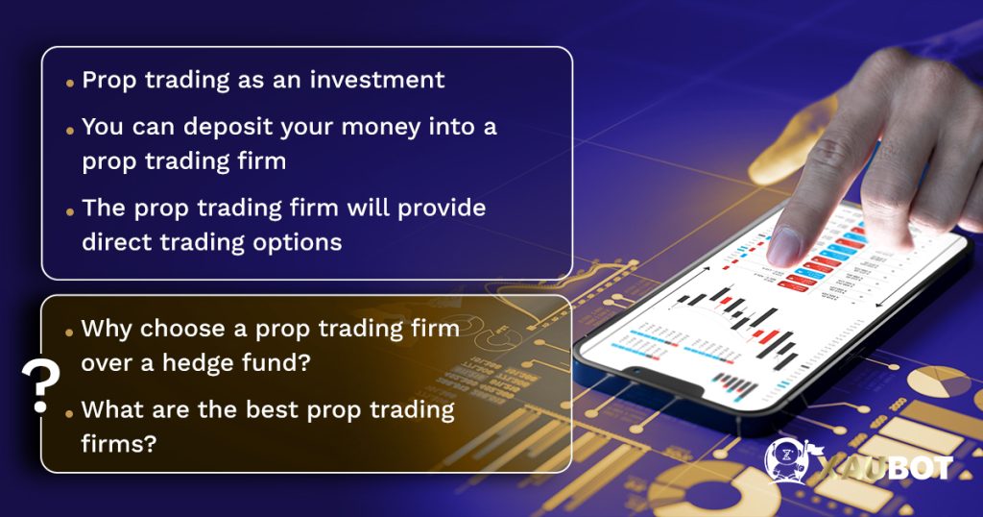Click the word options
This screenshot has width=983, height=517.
click(295, 241)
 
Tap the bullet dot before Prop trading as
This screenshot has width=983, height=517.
click(70, 83)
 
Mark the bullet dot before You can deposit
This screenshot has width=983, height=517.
click(70, 130)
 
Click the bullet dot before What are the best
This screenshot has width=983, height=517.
click(70, 413)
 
